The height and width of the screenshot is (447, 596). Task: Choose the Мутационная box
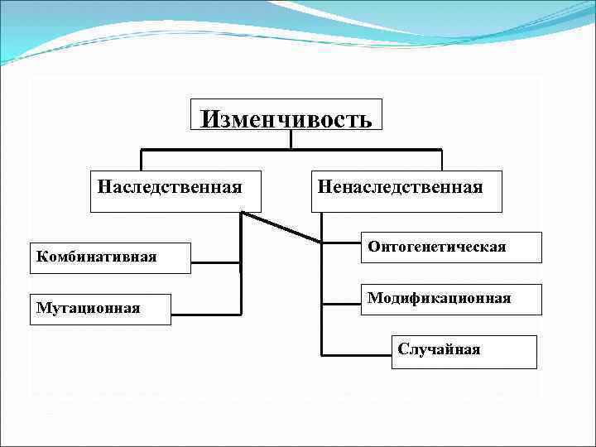(x=99, y=309)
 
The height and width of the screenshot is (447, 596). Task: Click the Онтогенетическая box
(x=451, y=247)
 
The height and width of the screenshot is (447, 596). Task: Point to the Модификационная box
(x=451, y=299)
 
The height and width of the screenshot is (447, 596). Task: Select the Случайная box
(x=464, y=351)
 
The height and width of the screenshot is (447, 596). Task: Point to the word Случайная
(x=439, y=348)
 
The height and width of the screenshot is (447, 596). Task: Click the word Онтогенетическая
(x=436, y=247)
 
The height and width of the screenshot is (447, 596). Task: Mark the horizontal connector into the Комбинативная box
(x=215, y=264)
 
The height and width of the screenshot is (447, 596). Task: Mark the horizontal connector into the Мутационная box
(x=206, y=315)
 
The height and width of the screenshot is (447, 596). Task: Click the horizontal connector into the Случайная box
(x=356, y=354)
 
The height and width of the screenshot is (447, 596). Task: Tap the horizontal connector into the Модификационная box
(x=341, y=303)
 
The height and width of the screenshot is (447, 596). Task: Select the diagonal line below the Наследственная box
(x=281, y=228)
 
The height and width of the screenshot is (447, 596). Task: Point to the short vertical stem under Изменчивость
(x=291, y=139)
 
